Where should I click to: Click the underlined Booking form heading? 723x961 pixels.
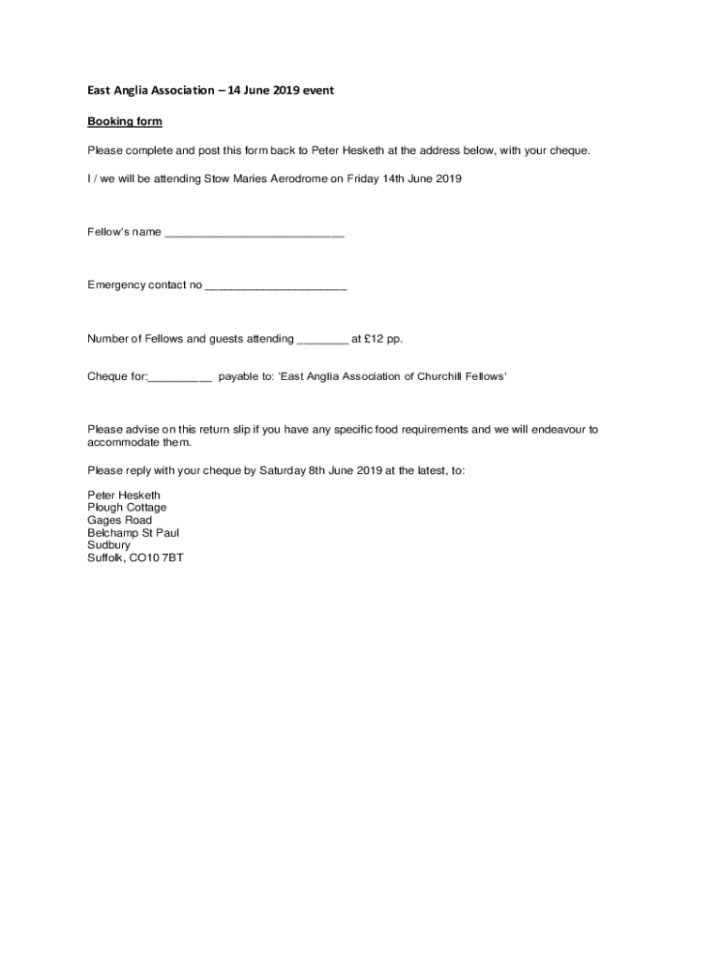click(125, 122)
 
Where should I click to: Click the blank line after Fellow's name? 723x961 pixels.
click(254, 234)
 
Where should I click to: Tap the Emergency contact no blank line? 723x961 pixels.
click(275, 286)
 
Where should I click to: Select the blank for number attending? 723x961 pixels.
click(322, 340)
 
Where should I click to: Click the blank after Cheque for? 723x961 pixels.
click(180, 377)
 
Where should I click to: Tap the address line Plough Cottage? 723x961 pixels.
click(127, 508)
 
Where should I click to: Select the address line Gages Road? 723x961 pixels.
click(119, 520)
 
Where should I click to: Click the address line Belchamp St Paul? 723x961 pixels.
click(132, 533)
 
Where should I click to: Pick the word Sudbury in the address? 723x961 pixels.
click(109, 545)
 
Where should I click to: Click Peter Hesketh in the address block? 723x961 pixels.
click(124, 495)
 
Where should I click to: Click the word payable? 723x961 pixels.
click(240, 376)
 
